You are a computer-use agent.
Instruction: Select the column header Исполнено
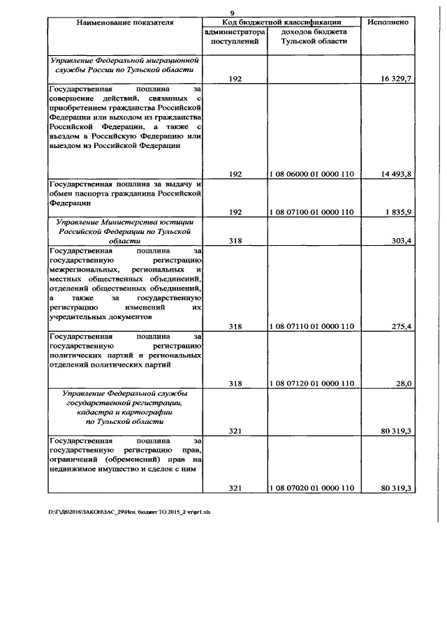[388, 23]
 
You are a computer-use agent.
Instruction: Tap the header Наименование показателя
[124, 23]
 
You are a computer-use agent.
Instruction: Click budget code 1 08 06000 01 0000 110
[312, 174]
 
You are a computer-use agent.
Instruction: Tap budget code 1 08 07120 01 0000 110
[312, 383]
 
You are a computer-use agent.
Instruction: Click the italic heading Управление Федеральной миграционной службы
[124, 66]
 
